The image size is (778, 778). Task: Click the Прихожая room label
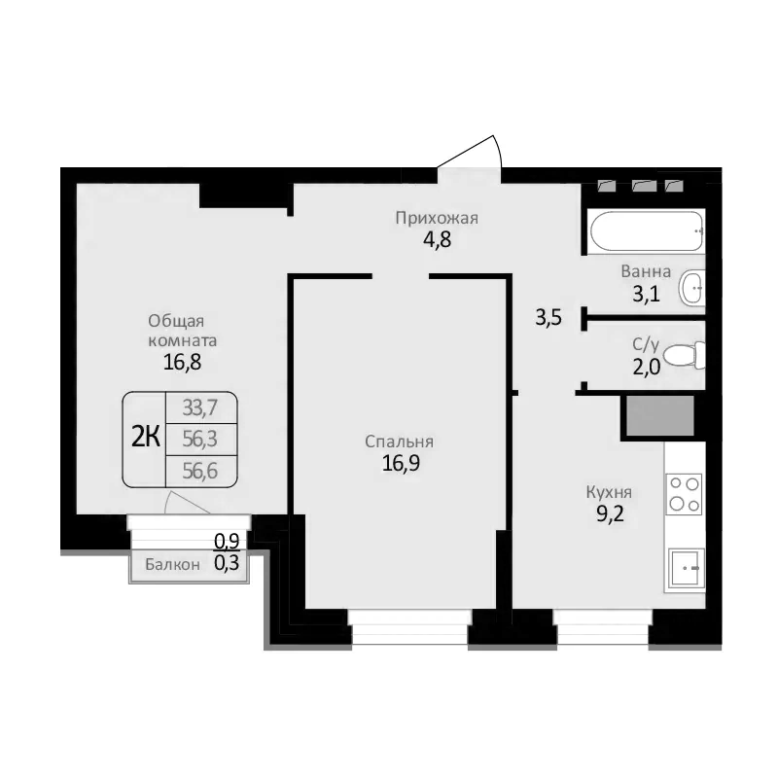(x=437, y=218)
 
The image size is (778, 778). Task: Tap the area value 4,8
(x=437, y=238)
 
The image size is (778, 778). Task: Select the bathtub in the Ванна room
(x=646, y=231)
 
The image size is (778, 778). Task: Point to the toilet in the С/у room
(x=690, y=354)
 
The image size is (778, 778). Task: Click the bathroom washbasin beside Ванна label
(x=691, y=287)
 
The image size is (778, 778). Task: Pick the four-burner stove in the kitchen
(x=684, y=493)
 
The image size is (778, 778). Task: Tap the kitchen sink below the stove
(x=687, y=567)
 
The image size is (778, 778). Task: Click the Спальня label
(x=399, y=442)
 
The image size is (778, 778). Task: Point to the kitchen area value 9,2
(x=609, y=513)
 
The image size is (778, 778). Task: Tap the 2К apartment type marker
(x=145, y=437)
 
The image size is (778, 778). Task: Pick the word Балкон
(x=173, y=564)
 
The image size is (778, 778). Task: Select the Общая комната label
(x=182, y=331)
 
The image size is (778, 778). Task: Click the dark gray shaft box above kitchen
(x=660, y=415)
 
